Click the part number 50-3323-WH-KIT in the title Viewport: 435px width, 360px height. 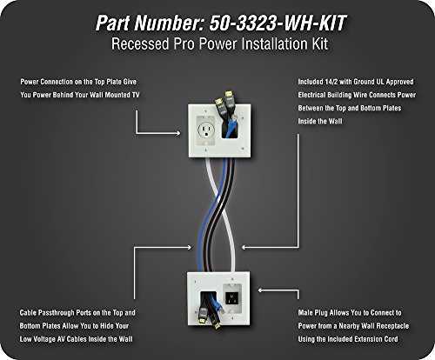point(278,23)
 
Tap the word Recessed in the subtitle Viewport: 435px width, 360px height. point(140,44)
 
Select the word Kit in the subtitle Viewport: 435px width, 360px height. point(320,44)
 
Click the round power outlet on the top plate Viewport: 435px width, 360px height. point(205,129)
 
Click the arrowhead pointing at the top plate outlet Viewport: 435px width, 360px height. point(177,133)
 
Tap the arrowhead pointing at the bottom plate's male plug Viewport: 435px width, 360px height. point(261,290)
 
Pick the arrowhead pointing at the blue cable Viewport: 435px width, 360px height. point(189,247)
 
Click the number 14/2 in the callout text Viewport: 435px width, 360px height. point(331,82)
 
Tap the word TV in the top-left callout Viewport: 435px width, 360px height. point(136,95)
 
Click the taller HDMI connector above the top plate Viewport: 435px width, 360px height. point(229,98)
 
